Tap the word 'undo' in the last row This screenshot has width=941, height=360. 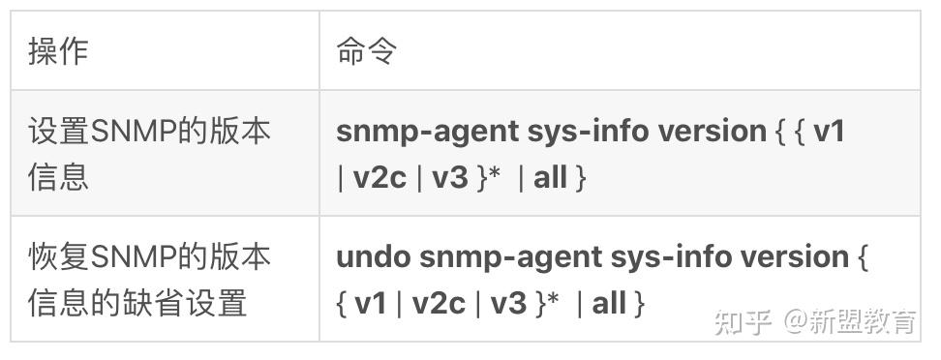point(374,257)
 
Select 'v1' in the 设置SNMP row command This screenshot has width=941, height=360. point(830,131)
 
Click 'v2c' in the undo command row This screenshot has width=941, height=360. point(439,304)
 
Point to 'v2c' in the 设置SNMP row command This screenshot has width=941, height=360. point(379,178)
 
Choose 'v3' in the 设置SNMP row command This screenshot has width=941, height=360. point(450,178)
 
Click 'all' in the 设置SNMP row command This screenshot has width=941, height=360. point(550,178)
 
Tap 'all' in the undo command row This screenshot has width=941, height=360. point(609,304)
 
